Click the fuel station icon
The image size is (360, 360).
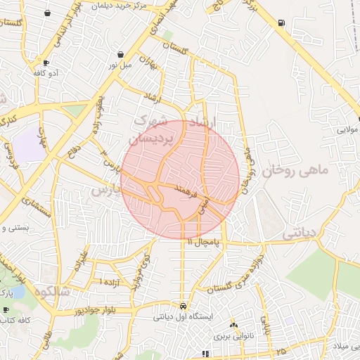[x=282, y=22]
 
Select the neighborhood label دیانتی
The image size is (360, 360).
[x=298, y=231]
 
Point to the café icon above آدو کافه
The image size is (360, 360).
[x=46, y=63]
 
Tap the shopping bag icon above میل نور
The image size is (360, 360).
[x=122, y=54]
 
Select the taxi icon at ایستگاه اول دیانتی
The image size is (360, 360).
[x=183, y=307]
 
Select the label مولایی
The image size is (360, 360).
[x=349, y=130]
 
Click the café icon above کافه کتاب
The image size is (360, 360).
[x=6, y=309]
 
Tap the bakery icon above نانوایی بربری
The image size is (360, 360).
[x=233, y=326]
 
